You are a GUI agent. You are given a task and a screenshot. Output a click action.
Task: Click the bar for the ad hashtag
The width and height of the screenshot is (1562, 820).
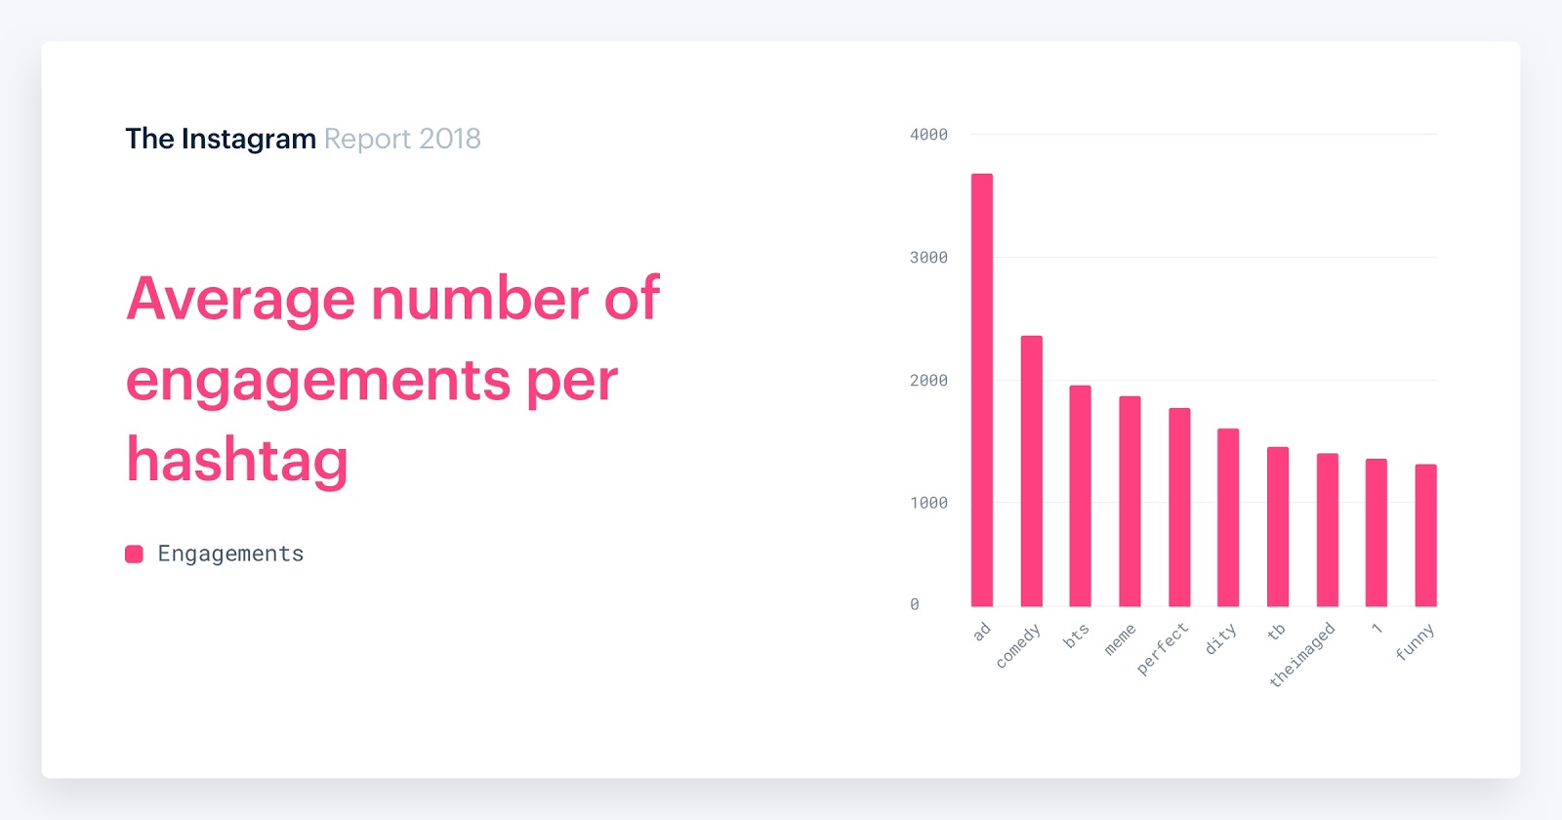(981, 390)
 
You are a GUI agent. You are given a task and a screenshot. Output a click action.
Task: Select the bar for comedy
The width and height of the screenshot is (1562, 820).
(1031, 471)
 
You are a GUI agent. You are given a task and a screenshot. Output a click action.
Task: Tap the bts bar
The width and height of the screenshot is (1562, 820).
(1080, 496)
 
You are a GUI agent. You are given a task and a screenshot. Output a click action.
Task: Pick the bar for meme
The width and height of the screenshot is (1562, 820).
(1130, 501)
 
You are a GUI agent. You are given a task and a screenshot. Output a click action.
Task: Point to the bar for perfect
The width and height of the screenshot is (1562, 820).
(1179, 507)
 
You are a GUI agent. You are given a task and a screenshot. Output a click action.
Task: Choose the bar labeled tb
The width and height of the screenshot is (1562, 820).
(1278, 526)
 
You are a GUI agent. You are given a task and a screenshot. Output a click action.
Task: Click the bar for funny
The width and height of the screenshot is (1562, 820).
(1425, 535)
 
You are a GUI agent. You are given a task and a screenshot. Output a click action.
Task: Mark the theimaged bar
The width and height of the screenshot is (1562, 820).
(1328, 529)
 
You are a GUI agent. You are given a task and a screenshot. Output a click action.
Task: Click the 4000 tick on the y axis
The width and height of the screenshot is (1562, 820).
(928, 135)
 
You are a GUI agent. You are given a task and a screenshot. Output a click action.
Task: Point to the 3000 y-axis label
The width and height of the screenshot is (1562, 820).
(928, 258)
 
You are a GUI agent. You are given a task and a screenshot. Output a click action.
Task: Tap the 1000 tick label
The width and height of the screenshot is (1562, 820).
(928, 503)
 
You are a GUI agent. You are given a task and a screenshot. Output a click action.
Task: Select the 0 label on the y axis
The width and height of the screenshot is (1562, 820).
(915, 605)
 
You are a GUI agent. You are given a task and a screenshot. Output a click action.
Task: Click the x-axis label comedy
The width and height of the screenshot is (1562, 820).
(1018, 646)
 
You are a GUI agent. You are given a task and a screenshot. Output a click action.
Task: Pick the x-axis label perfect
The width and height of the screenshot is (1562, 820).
(1163, 649)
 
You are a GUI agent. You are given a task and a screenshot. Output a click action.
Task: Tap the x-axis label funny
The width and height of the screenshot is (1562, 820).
(1415, 642)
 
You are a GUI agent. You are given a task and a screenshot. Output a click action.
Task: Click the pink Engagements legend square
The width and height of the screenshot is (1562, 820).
(135, 554)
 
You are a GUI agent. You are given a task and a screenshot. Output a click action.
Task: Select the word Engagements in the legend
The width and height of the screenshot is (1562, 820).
(230, 554)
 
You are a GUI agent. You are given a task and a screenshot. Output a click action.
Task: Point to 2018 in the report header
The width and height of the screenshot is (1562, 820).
(450, 140)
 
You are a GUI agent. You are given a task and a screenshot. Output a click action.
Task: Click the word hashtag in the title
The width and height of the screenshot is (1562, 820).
(237, 461)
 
